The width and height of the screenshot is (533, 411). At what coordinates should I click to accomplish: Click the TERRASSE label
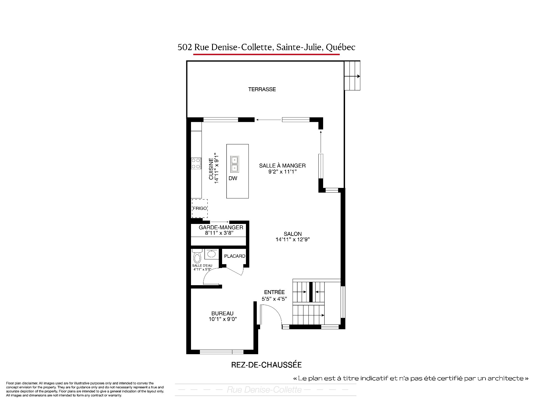click(262, 89)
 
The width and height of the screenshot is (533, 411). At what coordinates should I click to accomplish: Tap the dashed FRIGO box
click(200, 208)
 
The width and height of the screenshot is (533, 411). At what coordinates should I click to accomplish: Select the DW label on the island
click(233, 178)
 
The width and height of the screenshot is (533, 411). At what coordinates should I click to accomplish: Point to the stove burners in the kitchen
click(196, 163)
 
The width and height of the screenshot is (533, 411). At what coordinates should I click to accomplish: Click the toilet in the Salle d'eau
click(197, 256)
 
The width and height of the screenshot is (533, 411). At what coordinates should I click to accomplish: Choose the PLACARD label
click(235, 256)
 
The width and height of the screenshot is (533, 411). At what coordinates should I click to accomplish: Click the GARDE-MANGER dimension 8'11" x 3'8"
click(219, 233)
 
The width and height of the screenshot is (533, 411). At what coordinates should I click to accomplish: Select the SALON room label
click(293, 234)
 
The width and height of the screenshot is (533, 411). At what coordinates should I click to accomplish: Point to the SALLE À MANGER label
click(282, 166)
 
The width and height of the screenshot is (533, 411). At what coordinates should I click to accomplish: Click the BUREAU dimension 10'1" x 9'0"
click(223, 319)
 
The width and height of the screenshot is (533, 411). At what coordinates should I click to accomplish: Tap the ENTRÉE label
click(274, 292)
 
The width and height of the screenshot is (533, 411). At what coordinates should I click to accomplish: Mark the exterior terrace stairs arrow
click(353, 76)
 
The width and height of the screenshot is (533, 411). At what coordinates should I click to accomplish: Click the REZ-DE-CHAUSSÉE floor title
click(266, 365)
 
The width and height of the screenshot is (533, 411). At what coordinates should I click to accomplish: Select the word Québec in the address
click(341, 47)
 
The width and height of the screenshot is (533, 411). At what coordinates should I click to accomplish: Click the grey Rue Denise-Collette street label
click(264, 390)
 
